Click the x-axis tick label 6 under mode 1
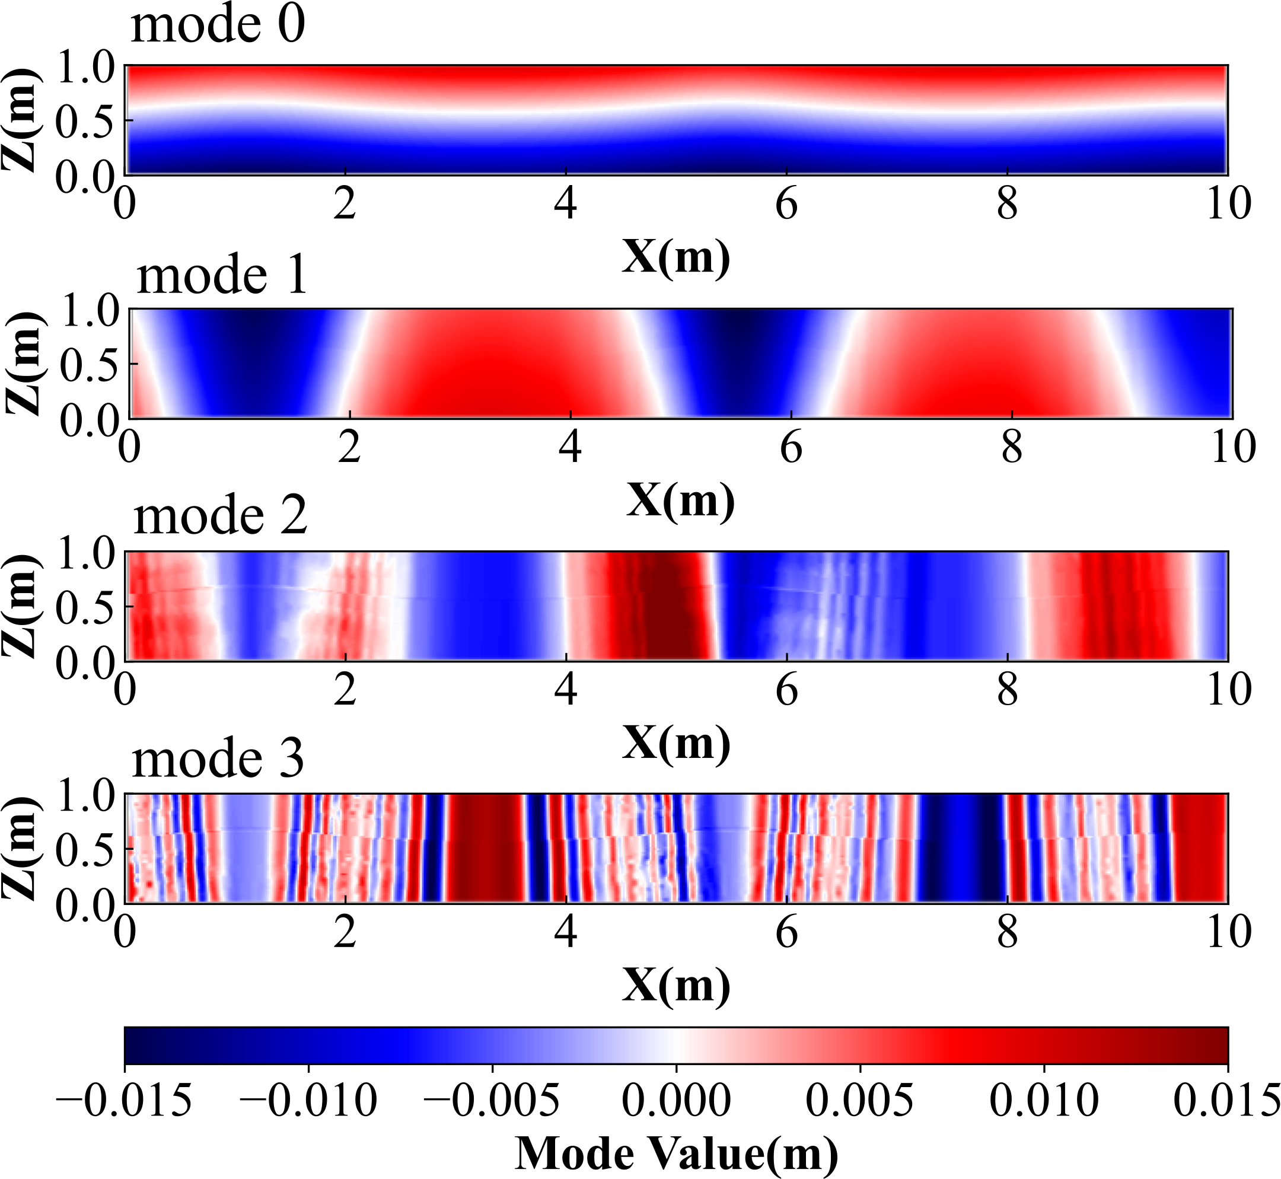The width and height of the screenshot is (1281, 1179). (791, 448)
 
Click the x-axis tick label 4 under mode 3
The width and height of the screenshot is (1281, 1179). (566, 933)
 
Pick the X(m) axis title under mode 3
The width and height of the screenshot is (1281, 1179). (676, 985)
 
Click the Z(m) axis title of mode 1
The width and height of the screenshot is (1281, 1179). (24, 364)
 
